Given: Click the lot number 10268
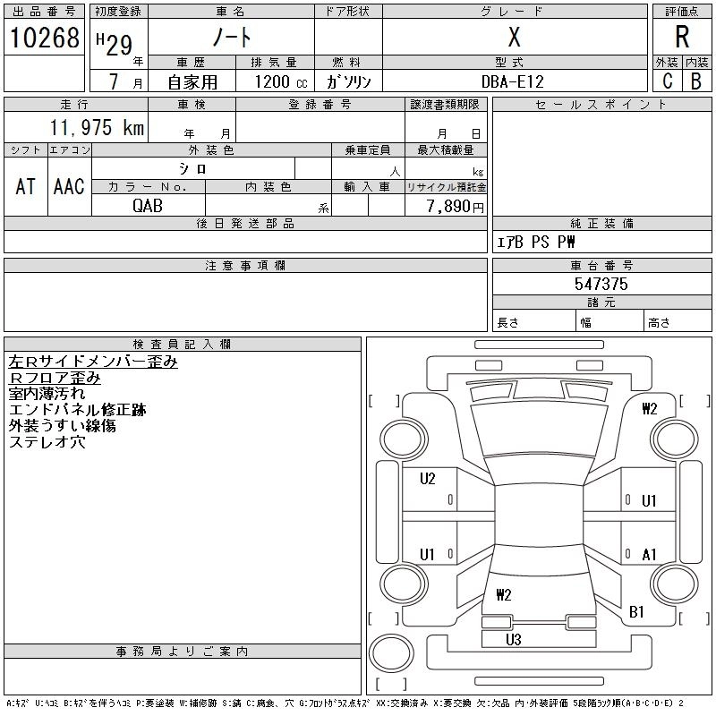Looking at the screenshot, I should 44,38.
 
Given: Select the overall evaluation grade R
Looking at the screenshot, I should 682,38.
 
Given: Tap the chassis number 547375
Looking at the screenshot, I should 601,284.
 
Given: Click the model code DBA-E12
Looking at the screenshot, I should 513,81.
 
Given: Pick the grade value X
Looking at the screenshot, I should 514,38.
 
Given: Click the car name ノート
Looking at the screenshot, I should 230,38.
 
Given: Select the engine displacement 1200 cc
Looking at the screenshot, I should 279,81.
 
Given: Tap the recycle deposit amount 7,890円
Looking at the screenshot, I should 456,207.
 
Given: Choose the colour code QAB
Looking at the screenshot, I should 148,206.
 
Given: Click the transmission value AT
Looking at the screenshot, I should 26,186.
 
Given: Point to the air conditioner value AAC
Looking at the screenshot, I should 69,186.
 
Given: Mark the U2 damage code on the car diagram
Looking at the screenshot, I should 428,479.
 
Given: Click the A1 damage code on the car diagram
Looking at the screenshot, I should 650,555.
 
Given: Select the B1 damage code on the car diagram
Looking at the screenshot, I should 637,612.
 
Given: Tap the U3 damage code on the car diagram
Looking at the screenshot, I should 514,639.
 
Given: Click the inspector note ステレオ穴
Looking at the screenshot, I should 47,442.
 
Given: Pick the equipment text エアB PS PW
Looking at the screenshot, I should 536,242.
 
